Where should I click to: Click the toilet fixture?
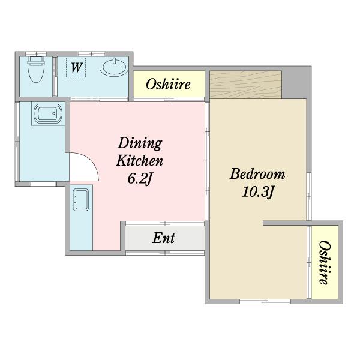(36, 70)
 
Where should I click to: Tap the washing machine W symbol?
(76, 67)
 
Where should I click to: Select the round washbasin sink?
(114, 67)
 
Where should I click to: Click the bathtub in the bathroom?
(48, 113)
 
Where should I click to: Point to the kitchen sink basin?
(81, 200)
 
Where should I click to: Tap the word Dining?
(140, 143)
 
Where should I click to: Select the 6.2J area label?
(140, 179)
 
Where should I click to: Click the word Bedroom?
(257, 174)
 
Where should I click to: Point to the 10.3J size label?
(258, 191)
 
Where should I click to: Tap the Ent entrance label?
(164, 238)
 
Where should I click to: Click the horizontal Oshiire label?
(168, 84)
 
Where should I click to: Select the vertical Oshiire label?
(325, 262)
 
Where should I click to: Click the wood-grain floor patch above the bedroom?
(246, 85)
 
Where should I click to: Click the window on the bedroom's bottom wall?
(265, 301)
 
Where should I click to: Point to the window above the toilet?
(36, 54)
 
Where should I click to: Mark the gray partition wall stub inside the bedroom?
(285, 223)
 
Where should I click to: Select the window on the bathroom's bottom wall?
(43, 184)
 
